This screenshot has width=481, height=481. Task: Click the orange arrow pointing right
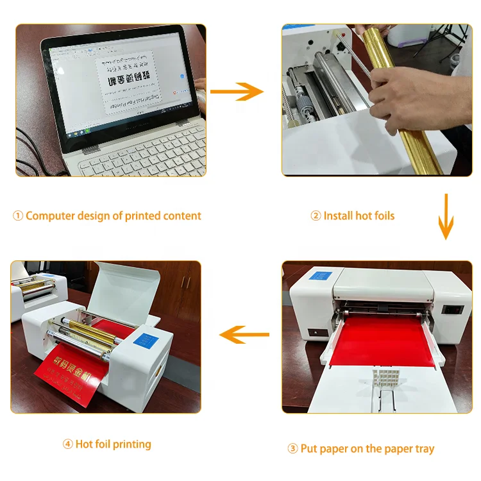237,91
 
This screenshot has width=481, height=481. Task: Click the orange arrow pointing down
446,219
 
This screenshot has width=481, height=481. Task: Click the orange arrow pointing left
244,334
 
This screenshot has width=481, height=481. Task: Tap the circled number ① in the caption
18,216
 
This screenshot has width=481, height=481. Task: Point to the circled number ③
292,449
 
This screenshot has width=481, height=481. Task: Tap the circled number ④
67,444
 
